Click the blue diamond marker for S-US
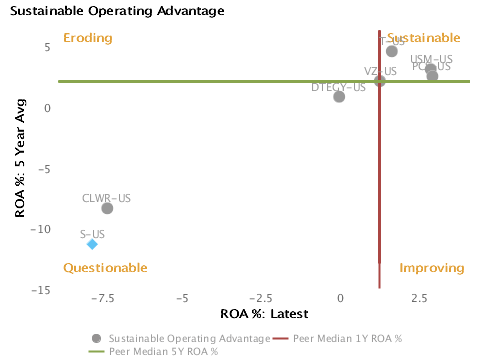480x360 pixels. (x=92, y=244)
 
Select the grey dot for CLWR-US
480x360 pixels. (x=107, y=208)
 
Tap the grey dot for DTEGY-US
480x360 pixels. (x=339, y=97)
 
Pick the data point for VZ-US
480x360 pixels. (x=380, y=80)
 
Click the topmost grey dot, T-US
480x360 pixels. (x=392, y=51)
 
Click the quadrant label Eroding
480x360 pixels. (x=87, y=38)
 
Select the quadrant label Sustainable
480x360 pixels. (x=424, y=38)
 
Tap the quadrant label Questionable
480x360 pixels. (x=105, y=268)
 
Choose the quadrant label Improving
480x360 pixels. (x=432, y=268)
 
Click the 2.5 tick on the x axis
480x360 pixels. (x=419, y=299)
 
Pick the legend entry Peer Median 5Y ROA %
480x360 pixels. (x=163, y=351)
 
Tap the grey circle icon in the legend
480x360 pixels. (x=96, y=338)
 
